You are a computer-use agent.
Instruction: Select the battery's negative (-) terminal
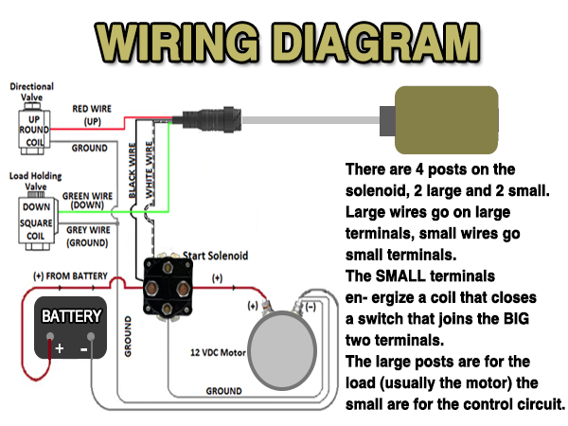tap(90, 338)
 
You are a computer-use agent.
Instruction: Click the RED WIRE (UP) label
tap(92, 115)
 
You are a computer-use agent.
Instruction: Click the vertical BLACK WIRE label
tap(133, 171)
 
